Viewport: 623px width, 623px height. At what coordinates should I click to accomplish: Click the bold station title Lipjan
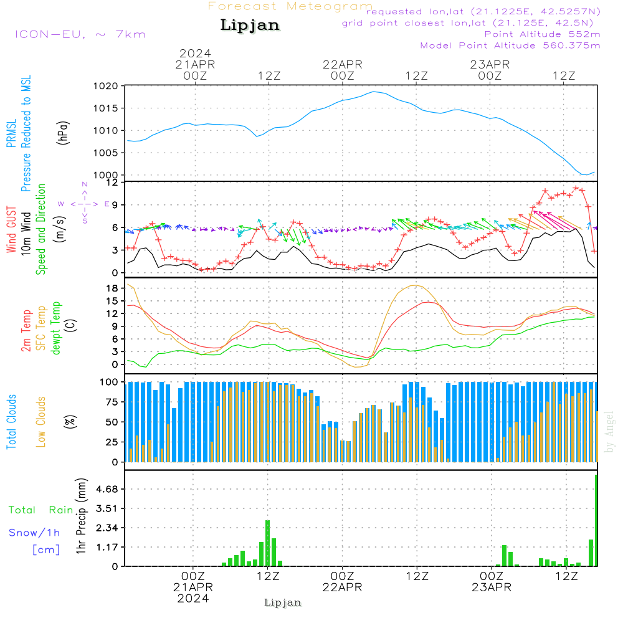250,26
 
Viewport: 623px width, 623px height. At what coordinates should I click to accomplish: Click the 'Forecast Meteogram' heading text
290,6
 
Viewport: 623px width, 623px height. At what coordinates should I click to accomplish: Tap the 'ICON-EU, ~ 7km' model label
80,34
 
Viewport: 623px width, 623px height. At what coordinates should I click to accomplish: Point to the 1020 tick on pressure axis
107,86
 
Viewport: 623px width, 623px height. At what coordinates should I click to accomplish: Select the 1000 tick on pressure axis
107,175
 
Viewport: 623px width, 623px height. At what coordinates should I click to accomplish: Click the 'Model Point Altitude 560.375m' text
510,45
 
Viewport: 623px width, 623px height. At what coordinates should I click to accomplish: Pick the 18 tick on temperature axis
112,288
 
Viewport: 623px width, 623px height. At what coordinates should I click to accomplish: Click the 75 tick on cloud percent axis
111,402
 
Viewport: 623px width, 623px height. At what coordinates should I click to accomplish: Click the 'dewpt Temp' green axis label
57,328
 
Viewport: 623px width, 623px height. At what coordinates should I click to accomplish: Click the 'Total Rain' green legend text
41,510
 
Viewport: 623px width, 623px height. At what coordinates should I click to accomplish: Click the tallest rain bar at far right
596,520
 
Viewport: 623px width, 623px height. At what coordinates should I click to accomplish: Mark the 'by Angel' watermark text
609,432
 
